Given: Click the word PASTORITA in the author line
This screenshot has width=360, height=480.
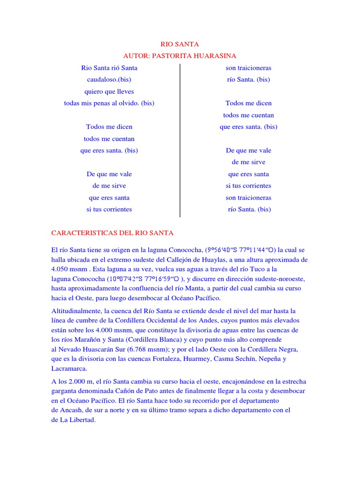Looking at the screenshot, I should pyautogui.click(x=168, y=56).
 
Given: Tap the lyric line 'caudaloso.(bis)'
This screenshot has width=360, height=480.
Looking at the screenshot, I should pyautogui.click(x=109, y=80).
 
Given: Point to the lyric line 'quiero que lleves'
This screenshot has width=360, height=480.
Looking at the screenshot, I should pyautogui.click(x=109, y=91).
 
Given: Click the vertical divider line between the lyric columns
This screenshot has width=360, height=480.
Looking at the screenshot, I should pyautogui.click(x=180, y=141).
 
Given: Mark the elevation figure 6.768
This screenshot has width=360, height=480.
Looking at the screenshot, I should pyautogui.click(x=142, y=350).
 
